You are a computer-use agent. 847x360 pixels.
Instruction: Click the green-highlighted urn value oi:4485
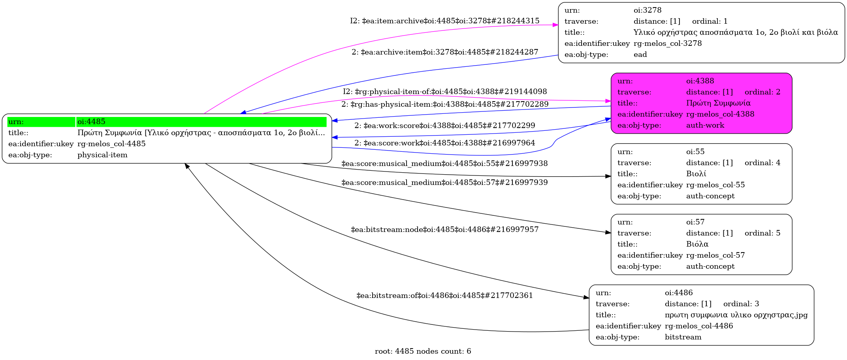click(x=91, y=122)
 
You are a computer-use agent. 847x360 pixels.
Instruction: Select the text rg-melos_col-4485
click(x=111, y=144)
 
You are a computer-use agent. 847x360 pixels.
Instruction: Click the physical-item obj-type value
click(x=102, y=155)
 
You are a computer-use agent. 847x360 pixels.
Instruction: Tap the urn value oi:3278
click(x=647, y=10)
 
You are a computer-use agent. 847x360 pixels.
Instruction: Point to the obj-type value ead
click(x=640, y=55)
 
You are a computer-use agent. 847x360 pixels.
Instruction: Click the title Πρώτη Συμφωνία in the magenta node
click(x=718, y=103)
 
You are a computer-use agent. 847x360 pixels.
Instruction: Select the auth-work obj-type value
click(x=705, y=125)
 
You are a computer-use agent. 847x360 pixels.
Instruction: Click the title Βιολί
click(x=696, y=174)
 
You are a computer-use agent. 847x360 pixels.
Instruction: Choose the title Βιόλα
click(x=697, y=244)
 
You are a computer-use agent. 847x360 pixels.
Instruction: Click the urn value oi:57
click(x=695, y=222)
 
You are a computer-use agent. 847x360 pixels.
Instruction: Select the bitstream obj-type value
click(x=683, y=337)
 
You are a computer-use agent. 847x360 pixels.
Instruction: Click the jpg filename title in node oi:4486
click(x=736, y=315)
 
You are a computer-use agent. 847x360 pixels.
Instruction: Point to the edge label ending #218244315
click(x=444, y=21)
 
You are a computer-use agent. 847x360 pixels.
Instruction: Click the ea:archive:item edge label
click(x=445, y=52)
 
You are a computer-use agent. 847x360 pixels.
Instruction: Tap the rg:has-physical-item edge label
click(x=445, y=104)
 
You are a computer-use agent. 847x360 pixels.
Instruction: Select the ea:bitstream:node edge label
click(x=444, y=230)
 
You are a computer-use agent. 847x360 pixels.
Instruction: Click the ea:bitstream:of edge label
click(x=444, y=296)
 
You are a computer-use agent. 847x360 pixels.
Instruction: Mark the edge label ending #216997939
click(x=444, y=183)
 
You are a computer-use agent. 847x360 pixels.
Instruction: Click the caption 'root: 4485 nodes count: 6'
click(x=423, y=351)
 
